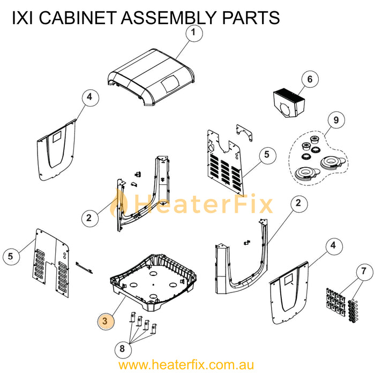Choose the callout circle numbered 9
(336, 121)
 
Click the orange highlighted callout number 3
(106, 320)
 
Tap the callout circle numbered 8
(122, 348)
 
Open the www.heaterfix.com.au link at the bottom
(186, 365)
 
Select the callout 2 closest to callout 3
(89, 218)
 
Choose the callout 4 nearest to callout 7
(333, 245)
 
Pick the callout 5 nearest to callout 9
(266, 155)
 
